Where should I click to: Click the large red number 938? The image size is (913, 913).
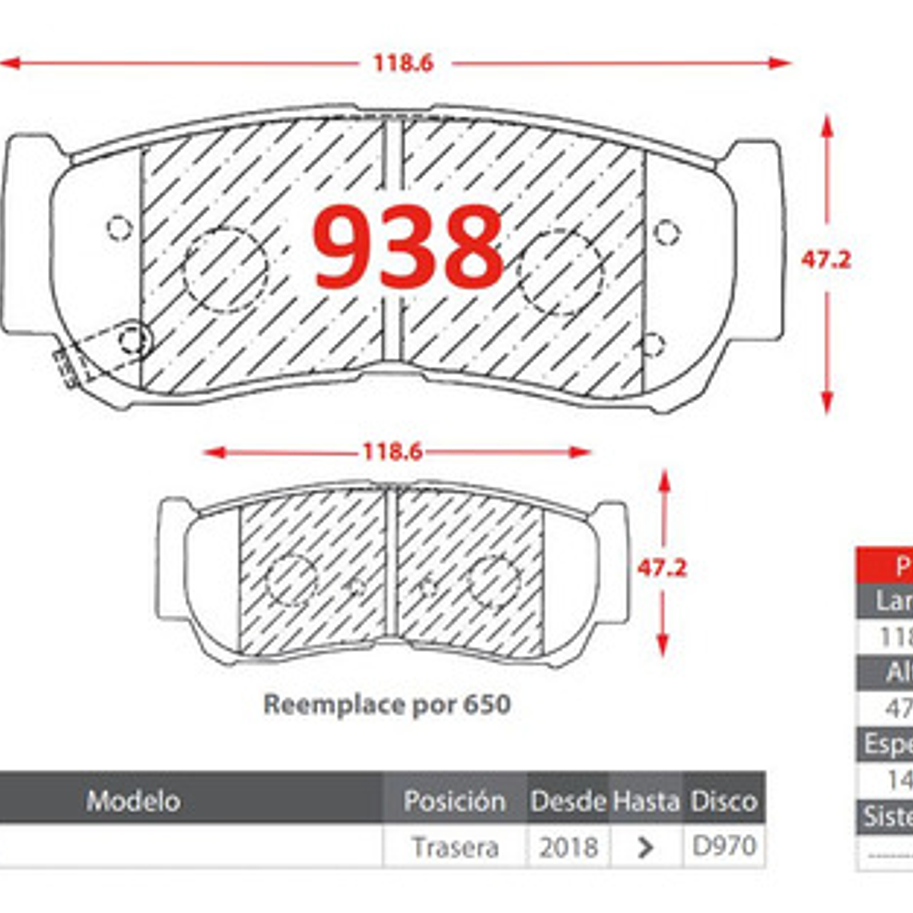408,247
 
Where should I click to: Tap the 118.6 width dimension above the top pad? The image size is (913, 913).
403,62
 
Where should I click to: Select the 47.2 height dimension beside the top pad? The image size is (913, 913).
826,259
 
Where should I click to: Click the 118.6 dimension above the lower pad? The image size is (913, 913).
392,452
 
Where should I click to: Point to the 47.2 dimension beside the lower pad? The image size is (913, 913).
662,568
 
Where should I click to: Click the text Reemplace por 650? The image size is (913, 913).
387,705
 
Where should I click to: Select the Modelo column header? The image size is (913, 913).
133,800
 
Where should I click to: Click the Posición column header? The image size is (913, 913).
454,800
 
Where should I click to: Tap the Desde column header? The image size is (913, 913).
568,800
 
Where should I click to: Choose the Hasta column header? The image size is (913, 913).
646,800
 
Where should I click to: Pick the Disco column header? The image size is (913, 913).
724,800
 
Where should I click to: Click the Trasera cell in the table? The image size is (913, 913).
454,847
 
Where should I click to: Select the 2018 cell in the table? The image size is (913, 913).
568,847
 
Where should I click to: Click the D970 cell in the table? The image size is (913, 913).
724,847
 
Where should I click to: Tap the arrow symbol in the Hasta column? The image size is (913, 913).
646,847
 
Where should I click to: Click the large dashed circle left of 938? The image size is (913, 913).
225,270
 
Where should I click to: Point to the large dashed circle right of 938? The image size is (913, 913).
560,272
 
